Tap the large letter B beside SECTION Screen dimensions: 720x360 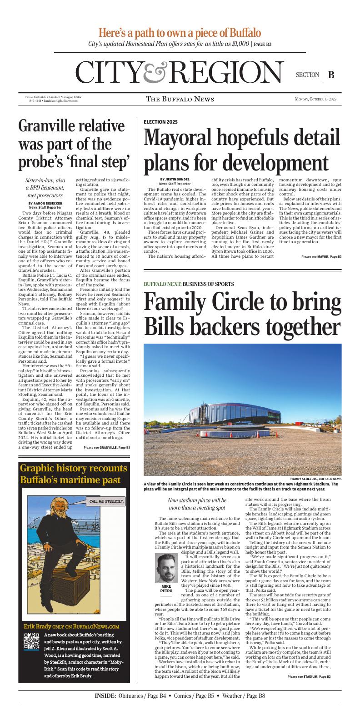click(331, 75)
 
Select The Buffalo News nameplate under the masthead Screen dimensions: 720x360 click(180, 99)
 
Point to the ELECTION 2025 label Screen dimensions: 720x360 click(160, 122)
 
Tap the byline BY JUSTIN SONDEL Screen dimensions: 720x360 click(175, 179)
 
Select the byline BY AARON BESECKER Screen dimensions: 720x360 click(45, 203)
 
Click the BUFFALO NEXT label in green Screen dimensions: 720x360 click(162, 284)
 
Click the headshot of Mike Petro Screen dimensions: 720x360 click(166, 568)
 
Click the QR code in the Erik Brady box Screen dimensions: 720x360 click(31, 640)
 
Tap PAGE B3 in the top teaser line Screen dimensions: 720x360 click(263, 45)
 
